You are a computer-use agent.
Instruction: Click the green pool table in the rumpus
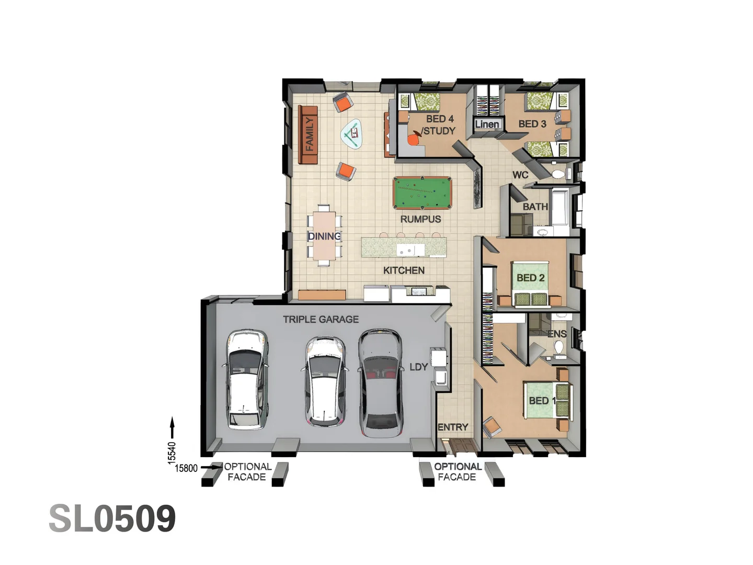[422, 193]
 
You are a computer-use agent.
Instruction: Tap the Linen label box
[487, 125]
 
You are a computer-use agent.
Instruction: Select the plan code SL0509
[112, 518]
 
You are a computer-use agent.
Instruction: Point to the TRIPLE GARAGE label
[321, 319]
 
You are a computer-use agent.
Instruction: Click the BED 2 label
[530, 278]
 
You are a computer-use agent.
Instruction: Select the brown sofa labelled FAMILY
[309, 135]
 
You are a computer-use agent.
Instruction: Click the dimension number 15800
[186, 468]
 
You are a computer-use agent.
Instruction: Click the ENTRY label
[452, 427]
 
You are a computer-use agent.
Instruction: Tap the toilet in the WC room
[558, 174]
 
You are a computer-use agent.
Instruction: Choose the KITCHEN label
[404, 270]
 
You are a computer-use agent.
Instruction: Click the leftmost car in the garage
[247, 379]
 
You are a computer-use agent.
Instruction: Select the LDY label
[418, 367]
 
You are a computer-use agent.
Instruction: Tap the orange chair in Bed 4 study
[414, 140]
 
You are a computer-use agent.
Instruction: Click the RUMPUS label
[420, 219]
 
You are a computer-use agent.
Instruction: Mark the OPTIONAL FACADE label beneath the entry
[457, 471]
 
